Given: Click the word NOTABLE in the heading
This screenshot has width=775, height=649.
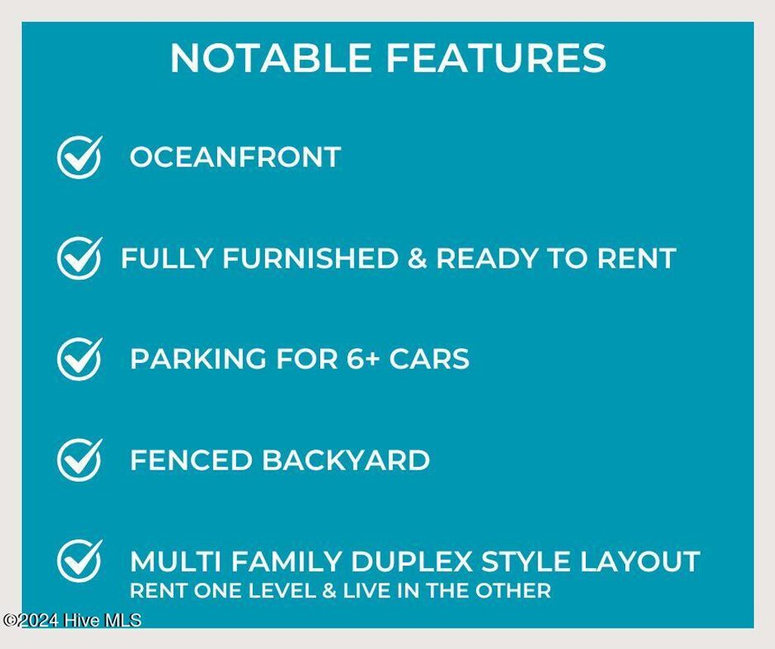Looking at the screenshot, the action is [x=271, y=57].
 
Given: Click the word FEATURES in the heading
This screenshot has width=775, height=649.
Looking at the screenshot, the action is [x=496, y=57].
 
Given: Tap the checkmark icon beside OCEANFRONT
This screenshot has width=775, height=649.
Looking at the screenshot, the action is [x=79, y=157].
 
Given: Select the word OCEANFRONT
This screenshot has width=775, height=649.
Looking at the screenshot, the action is [x=235, y=157].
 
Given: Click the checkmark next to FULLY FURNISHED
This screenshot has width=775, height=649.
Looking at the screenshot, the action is [x=79, y=258].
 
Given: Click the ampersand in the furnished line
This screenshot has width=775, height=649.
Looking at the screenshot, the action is [x=417, y=258].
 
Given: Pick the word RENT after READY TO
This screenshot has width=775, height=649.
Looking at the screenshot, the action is [x=636, y=258].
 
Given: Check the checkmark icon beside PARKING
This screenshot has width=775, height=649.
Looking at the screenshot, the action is [x=79, y=359].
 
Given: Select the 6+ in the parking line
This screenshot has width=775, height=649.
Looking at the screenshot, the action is [x=363, y=359].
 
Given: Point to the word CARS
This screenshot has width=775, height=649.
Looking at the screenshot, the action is [x=429, y=359].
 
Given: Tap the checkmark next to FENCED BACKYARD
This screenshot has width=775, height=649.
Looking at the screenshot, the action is [x=79, y=460].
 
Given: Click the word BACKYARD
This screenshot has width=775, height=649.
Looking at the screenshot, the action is [x=345, y=460].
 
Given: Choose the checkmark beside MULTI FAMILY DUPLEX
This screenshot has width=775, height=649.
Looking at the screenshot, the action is [x=79, y=561].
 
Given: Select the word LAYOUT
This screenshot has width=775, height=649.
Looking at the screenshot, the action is [x=640, y=561].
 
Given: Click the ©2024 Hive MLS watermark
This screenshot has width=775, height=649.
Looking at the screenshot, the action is [x=72, y=620].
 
